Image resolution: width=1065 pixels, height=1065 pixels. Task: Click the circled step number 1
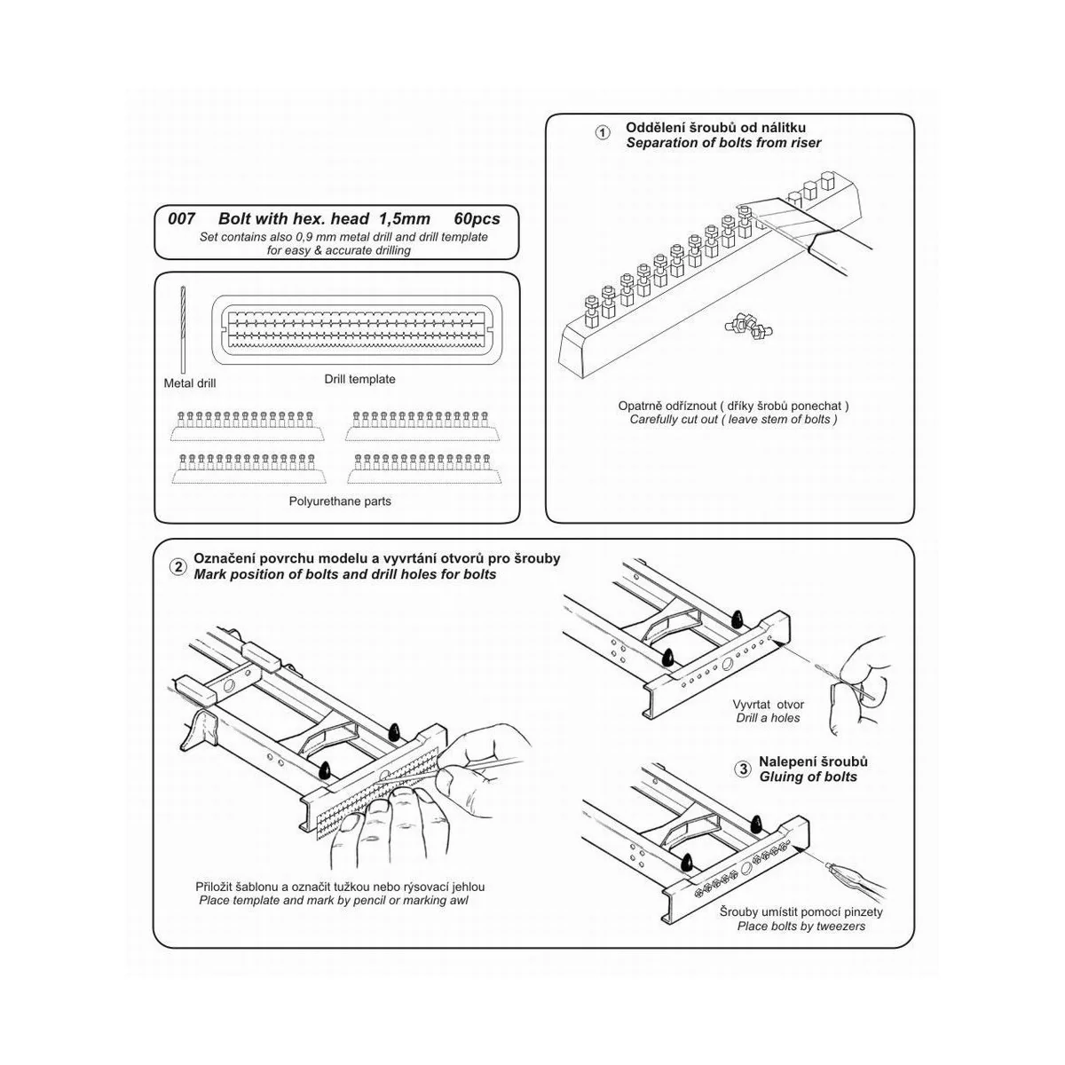coord(603,133)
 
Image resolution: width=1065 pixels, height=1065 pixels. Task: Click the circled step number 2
coord(178,567)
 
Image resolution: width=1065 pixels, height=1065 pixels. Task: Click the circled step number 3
coord(743,769)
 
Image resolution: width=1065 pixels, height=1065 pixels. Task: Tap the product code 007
coord(181,219)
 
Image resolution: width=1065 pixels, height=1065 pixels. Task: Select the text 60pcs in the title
coord(477,219)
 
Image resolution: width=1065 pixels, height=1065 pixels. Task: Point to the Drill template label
coord(359,379)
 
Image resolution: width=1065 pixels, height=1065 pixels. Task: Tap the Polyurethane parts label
coord(340,501)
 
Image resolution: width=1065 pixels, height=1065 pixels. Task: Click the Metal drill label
coord(190,383)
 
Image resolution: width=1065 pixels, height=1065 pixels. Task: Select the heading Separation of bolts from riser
coord(723,143)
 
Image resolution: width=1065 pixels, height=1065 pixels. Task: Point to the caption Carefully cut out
coord(733,419)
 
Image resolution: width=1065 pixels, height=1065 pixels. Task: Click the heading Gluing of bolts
coord(808,777)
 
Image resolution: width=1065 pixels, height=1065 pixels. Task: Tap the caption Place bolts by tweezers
coord(801,926)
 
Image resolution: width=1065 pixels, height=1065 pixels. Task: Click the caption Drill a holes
coord(768,717)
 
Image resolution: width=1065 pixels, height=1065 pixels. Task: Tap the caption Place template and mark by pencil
coord(333,900)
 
